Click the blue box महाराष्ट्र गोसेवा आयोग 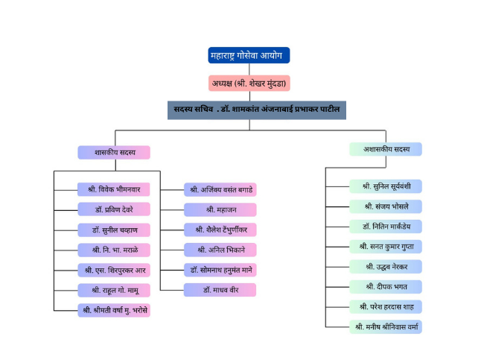(249, 55)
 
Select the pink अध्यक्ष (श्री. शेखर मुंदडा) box (249, 83)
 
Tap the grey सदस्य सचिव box (257, 110)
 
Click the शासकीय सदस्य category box (114, 153)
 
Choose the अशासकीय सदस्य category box (386, 149)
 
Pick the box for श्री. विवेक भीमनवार (114, 189)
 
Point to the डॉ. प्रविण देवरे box (114, 209)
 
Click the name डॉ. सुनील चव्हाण (114, 230)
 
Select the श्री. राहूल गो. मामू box (114, 290)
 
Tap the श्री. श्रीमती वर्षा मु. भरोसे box (114, 310)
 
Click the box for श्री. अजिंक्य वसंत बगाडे (220, 189)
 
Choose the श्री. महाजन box (220, 210)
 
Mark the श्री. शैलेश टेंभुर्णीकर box (220, 230)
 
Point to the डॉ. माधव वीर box (220, 290)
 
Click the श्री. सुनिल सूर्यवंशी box (386, 186)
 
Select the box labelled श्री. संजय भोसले (386, 206)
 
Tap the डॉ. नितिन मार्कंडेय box (386, 227)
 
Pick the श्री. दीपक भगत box (386, 287)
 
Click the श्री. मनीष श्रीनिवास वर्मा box (386, 327)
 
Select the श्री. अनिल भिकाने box (220, 250)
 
